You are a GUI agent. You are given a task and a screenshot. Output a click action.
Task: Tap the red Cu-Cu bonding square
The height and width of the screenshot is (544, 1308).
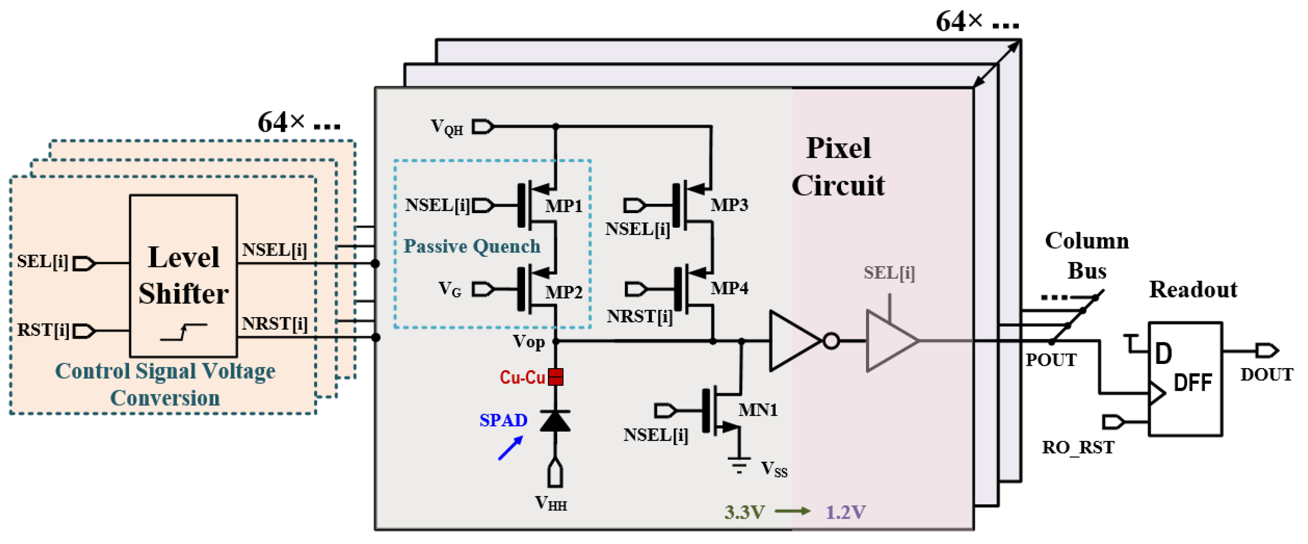[x=556, y=376]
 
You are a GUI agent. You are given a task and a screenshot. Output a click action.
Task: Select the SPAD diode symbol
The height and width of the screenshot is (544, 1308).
[x=555, y=421]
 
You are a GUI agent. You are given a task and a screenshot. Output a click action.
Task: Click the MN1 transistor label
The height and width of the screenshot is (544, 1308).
[x=758, y=409]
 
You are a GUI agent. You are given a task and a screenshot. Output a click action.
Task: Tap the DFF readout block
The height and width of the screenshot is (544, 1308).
[x=1185, y=378]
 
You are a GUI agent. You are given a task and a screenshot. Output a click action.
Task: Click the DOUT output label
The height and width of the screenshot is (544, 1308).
[x=1266, y=374]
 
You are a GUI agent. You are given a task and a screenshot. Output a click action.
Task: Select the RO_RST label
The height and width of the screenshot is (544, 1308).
[x=1077, y=447]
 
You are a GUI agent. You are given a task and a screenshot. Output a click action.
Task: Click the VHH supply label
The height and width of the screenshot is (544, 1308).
[x=551, y=503]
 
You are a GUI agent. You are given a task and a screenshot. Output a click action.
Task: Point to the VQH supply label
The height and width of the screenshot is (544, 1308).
[x=446, y=127]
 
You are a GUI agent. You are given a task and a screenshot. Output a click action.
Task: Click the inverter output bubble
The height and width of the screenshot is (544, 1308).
[x=831, y=341]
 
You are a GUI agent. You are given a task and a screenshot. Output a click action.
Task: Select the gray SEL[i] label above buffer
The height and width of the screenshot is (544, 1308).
[x=889, y=273]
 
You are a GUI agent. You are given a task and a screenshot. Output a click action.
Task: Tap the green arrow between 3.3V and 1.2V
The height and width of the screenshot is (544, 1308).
[x=792, y=511]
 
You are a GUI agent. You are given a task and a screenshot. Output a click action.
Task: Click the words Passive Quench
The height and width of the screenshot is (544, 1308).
[x=472, y=246]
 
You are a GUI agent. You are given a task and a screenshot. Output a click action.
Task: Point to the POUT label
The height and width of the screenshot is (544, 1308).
[x=1051, y=359]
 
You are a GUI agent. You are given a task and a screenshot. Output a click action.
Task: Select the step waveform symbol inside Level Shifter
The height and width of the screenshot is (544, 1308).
[x=183, y=332]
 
